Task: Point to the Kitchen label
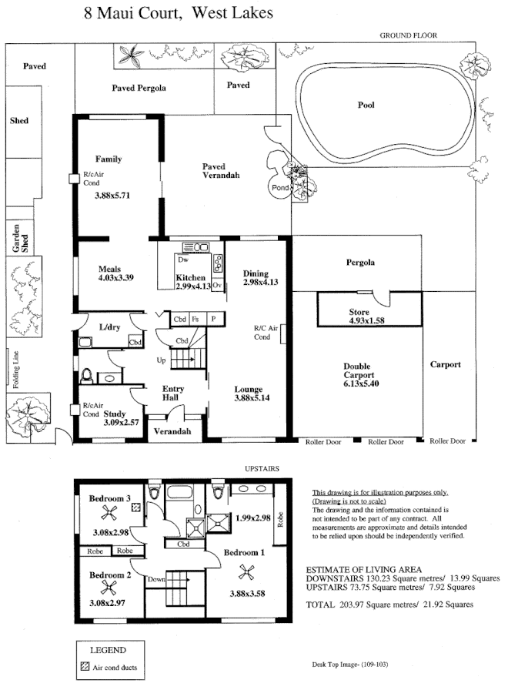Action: click(x=190, y=277)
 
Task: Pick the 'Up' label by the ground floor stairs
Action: click(x=160, y=360)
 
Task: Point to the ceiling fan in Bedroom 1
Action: click(x=246, y=571)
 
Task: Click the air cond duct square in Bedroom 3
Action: click(x=137, y=507)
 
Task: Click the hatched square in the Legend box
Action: click(x=84, y=667)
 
